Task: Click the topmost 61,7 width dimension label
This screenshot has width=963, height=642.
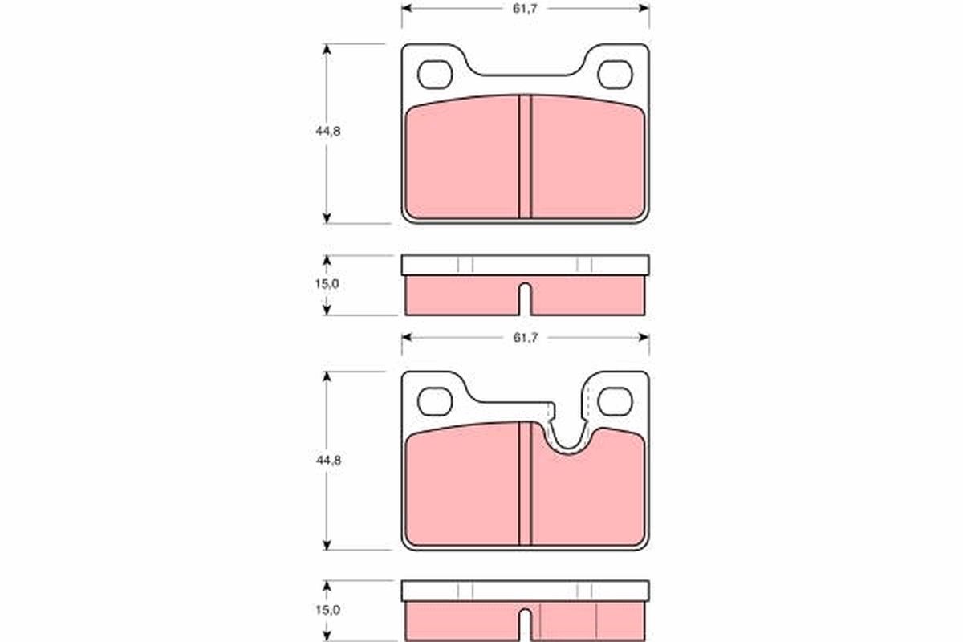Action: pyautogui.click(x=525, y=9)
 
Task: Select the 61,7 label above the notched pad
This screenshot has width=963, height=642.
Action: pyautogui.click(x=525, y=338)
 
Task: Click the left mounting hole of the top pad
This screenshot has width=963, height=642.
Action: pyautogui.click(x=435, y=74)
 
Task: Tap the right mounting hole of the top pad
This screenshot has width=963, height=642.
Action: pyautogui.click(x=615, y=74)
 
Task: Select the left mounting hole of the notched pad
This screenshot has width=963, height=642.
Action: pyautogui.click(x=435, y=401)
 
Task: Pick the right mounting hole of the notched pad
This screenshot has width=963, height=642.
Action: pyautogui.click(x=615, y=401)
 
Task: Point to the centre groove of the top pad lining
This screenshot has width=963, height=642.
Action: pyautogui.click(x=526, y=156)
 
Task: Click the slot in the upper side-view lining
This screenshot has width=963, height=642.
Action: pyautogui.click(x=525, y=299)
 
